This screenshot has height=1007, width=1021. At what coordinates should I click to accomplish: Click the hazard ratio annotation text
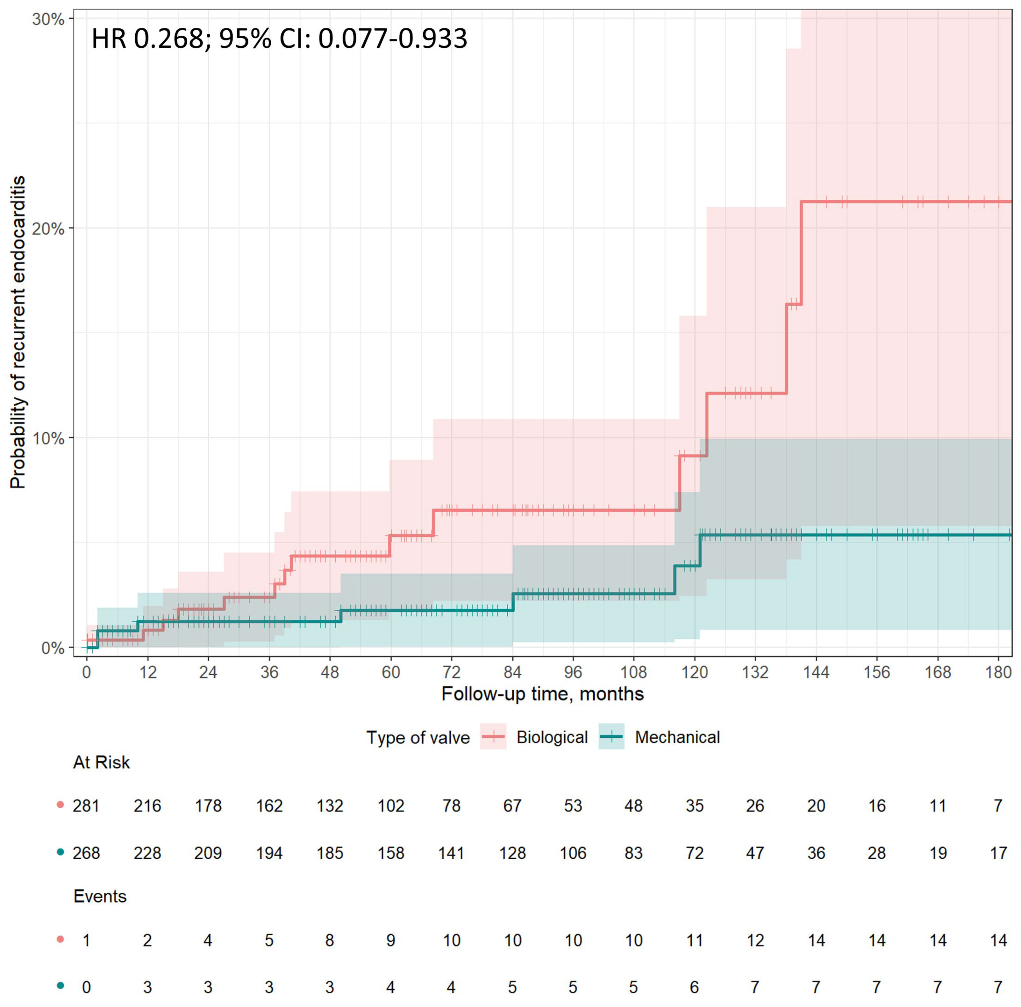pyautogui.click(x=279, y=39)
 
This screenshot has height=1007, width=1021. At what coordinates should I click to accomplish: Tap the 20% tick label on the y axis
pyautogui.click(x=49, y=229)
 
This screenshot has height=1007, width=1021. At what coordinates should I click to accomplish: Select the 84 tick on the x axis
pyautogui.click(x=512, y=673)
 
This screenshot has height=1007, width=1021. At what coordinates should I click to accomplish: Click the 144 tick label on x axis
pyautogui.click(x=816, y=673)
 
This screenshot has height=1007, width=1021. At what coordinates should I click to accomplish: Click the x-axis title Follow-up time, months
pyautogui.click(x=542, y=694)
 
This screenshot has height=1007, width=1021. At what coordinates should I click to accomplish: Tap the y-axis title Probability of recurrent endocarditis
pyautogui.click(x=18, y=333)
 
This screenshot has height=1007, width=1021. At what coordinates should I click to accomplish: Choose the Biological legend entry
pyautogui.click(x=551, y=738)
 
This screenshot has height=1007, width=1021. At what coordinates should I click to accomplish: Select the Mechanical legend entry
pyautogui.click(x=677, y=738)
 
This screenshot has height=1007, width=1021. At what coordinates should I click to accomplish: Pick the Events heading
pyautogui.click(x=100, y=897)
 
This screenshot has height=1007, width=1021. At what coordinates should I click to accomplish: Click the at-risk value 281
pyautogui.click(x=86, y=806)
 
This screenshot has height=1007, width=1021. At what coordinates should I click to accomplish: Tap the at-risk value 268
pyautogui.click(x=86, y=853)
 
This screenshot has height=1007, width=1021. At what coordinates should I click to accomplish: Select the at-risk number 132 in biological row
pyautogui.click(x=330, y=806)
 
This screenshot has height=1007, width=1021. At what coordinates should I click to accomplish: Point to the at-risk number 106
pyautogui.click(x=573, y=853)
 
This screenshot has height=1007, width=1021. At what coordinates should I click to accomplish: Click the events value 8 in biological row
pyautogui.click(x=330, y=940)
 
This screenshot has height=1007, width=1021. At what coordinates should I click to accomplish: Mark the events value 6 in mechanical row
pyautogui.click(x=694, y=988)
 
